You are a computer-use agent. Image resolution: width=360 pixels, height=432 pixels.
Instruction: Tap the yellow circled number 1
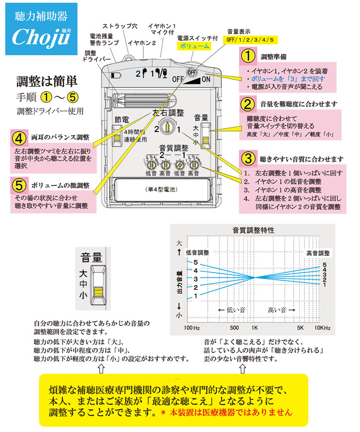248,55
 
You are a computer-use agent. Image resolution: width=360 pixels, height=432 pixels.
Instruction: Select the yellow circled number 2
248,103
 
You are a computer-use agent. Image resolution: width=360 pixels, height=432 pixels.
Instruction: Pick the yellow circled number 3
248,157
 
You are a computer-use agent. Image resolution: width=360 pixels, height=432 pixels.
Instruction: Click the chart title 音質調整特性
253,230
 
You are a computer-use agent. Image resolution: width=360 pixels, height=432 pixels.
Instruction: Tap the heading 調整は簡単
47,80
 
